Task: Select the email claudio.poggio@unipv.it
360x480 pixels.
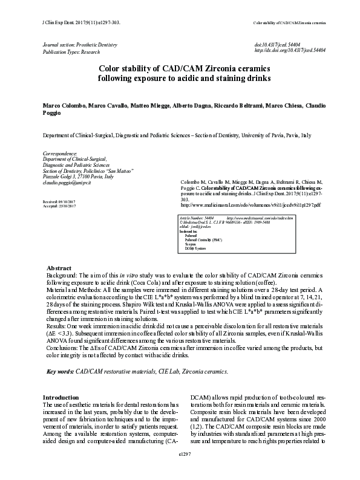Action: pyautogui.click(x=68, y=183)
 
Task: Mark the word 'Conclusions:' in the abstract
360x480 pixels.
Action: pyautogui.click(x=65, y=347)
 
